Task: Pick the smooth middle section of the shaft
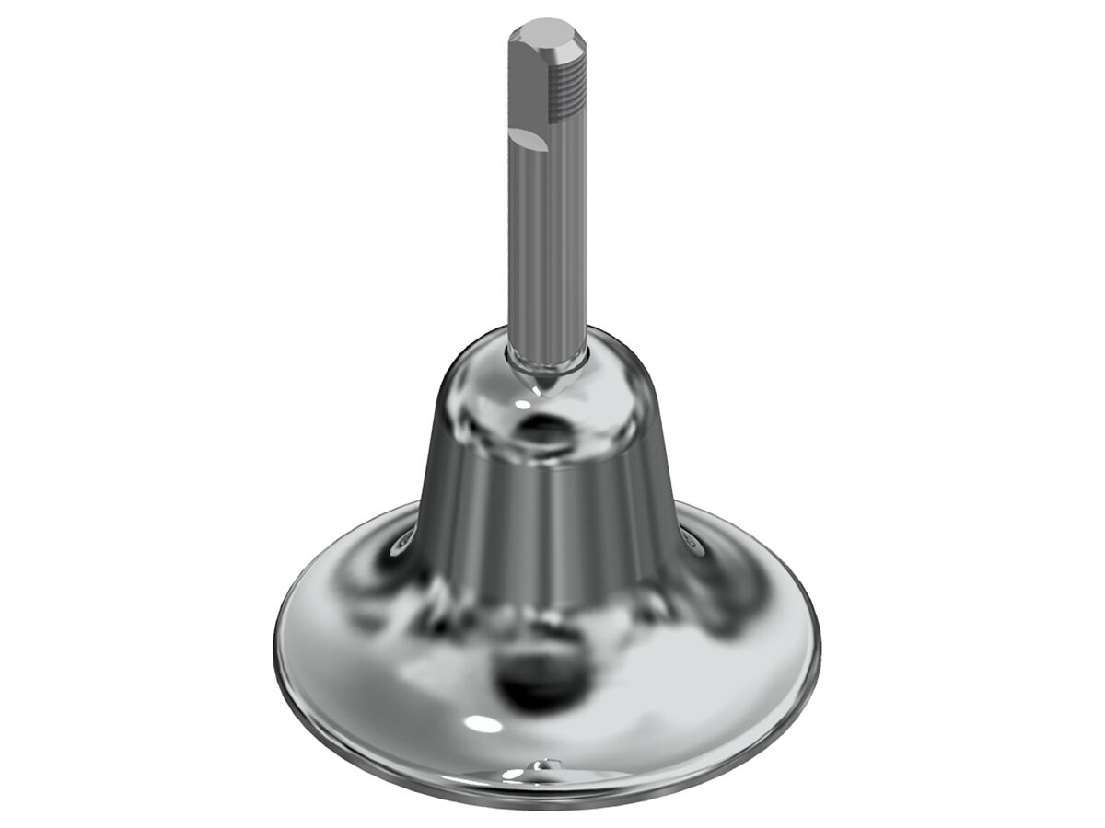click(x=548, y=248)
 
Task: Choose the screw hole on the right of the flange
click(x=692, y=545)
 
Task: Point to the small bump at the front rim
click(x=547, y=763)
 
